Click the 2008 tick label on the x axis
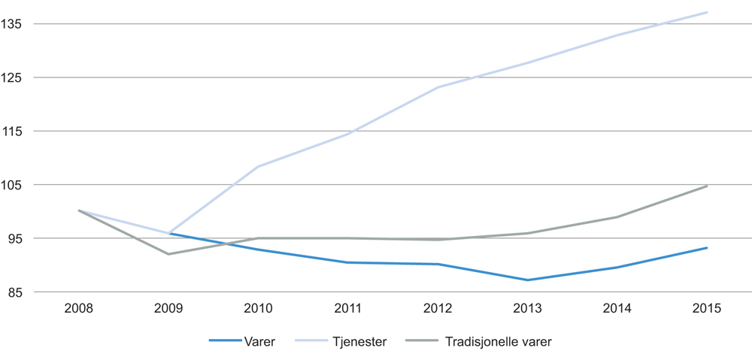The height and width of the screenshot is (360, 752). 79,309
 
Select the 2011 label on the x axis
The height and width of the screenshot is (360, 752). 347,309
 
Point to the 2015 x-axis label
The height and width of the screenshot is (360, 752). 707,309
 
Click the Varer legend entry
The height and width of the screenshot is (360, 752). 259,342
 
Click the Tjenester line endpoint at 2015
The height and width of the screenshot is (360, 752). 707,12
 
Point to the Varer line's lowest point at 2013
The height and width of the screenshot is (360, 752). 527,280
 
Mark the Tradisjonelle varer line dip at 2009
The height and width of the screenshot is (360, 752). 168,254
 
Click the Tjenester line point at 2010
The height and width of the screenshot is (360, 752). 258,167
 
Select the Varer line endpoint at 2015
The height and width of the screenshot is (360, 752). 707,248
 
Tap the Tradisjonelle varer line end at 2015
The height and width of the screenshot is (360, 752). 707,186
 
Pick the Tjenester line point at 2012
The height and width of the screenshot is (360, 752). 438,87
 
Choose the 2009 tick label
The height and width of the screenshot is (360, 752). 168,309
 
